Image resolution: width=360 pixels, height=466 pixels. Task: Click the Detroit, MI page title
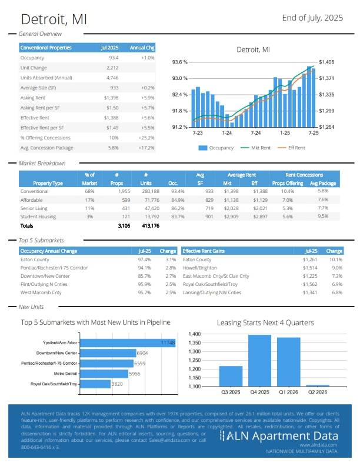tap(52, 19)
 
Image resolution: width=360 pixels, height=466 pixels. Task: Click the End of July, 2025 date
tap(312, 18)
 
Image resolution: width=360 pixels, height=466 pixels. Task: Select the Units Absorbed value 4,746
tap(112, 78)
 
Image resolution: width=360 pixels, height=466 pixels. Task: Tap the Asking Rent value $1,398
tap(111, 98)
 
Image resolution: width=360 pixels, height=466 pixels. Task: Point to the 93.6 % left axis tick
tap(179, 62)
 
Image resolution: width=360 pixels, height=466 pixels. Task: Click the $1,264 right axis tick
tap(326, 127)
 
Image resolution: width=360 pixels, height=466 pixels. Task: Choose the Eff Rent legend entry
tap(292, 148)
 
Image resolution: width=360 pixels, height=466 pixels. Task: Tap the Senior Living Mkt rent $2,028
tap(232, 208)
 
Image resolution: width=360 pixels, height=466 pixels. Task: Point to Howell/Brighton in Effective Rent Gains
tap(199, 268)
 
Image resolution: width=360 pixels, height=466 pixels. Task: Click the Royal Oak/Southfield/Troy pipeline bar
tap(95, 384)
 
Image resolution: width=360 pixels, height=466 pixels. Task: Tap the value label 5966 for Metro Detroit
tap(135, 374)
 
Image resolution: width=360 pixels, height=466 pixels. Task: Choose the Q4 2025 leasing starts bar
tap(259, 360)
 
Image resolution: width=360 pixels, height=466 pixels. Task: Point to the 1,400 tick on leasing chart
tap(195, 334)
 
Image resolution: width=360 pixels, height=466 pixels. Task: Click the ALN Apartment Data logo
tap(279, 436)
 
